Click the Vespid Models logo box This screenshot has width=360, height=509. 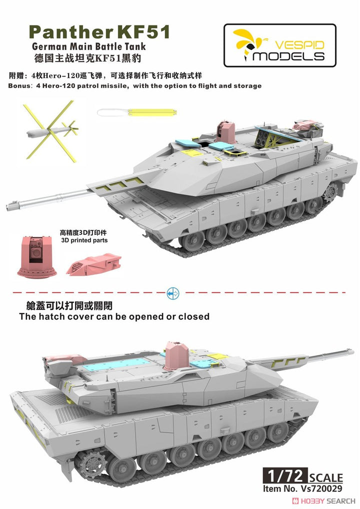pyautogui.click(x=279, y=45)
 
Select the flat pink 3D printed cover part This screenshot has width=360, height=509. pyautogui.click(x=93, y=263)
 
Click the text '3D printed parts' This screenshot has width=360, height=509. pyautogui.click(x=84, y=240)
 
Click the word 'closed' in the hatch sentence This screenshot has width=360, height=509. pyautogui.click(x=192, y=316)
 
